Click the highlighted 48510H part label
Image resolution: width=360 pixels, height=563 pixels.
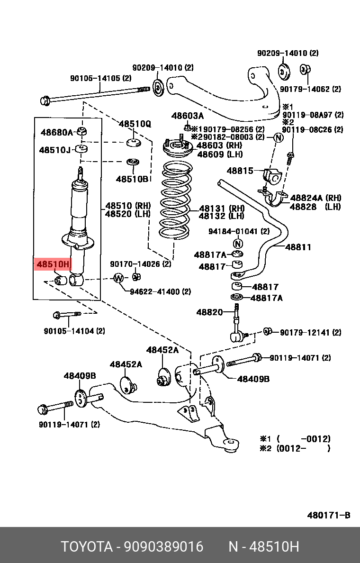tap(53, 264)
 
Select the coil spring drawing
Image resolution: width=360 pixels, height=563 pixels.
tap(174, 201)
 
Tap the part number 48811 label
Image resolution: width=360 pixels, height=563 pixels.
tap(298, 247)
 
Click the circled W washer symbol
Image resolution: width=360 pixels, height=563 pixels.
tap(118, 278)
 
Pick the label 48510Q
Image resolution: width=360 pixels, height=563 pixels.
tap(135, 124)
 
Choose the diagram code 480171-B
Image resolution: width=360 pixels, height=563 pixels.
tap(328, 515)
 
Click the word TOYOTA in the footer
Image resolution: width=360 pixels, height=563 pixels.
tap(86, 547)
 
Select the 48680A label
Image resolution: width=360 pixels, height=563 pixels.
tap(57, 132)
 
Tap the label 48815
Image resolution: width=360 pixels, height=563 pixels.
tap(240, 171)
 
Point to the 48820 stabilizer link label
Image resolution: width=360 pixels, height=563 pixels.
tap(209, 312)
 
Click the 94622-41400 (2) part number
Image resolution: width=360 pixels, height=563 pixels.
tap(161, 291)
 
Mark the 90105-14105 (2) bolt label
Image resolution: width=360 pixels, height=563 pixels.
tap(100, 79)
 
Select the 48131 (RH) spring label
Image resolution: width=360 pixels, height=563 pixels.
tap(221, 208)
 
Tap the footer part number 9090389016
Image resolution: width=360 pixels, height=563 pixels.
tap(163, 547)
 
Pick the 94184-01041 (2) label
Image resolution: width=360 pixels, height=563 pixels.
tap(239, 231)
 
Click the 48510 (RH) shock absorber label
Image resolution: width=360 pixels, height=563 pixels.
tap(127, 206)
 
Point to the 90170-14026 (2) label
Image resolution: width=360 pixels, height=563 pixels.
tap(140, 264)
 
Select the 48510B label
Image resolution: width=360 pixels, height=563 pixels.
tap(132, 179)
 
